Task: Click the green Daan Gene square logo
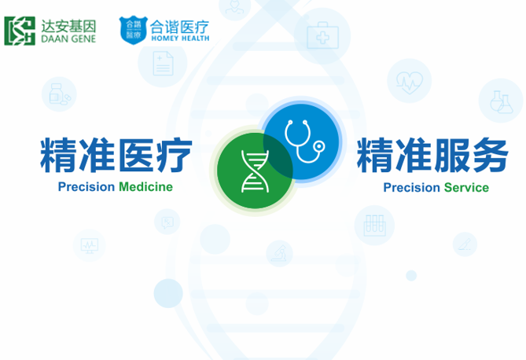pyautogui.click(x=20, y=31)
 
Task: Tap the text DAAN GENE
pyautogui.click(x=68, y=39)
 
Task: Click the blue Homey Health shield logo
pyautogui.click(x=134, y=30)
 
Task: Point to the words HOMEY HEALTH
pyautogui.click(x=180, y=39)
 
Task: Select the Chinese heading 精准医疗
pyautogui.click(x=116, y=155)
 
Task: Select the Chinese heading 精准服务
pyautogui.click(x=432, y=155)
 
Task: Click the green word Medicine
pyautogui.click(x=146, y=187)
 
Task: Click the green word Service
pyautogui.click(x=466, y=188)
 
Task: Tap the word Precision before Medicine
pyautogui.click(x=86, y=187)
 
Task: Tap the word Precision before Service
pyautogui.click(x=412, y=188)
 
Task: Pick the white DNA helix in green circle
pyautogui.click(x=255, y=171)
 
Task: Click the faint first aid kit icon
pyautogui.click(x=322, y=35)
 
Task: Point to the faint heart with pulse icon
pyautogui.click(x=410, y=83)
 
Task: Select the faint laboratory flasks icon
pyautogui.click(x=501, y=101)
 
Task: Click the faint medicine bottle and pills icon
pyautogui.click(x=60, y=94)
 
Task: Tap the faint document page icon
pyautogui.click(x=163, y=63)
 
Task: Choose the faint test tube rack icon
pyautogui.click(x=375, y=226)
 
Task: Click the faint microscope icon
pyautogui.click(x=279, y=253)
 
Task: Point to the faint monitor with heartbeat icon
pyautogui.click(x=89, y=246)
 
